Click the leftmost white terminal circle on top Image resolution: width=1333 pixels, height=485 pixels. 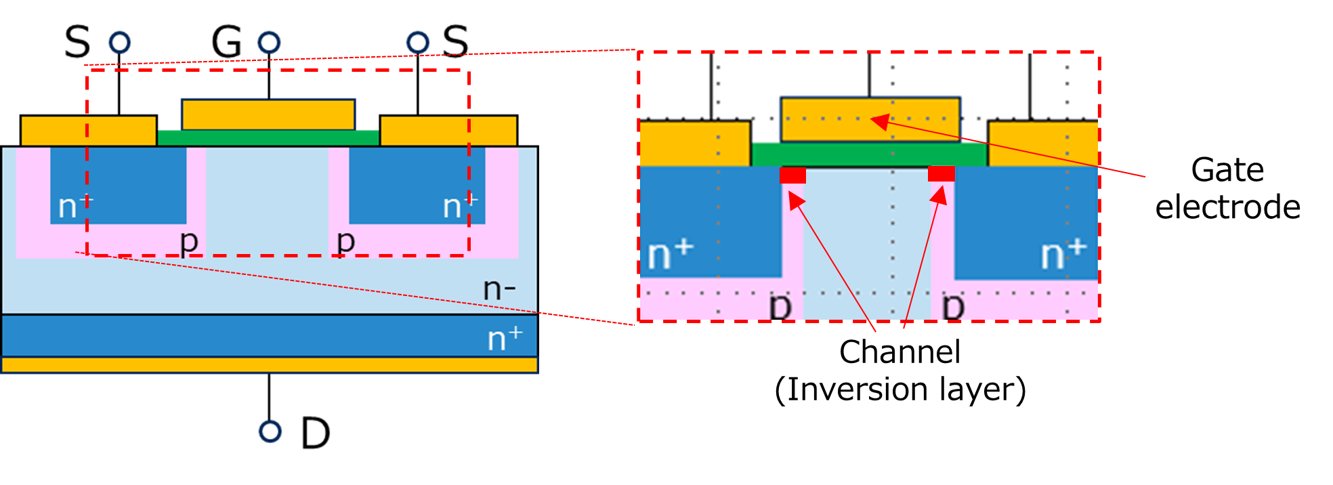coord(120,43)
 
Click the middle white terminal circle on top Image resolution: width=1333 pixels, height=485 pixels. coord(269,43)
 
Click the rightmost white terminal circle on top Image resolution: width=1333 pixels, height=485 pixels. coord(418,43)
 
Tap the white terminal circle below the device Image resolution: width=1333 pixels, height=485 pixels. coord(270,431)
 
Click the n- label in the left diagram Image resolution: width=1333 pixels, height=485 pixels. coord(499,289)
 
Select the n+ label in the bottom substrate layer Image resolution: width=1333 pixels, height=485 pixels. coord(505,337)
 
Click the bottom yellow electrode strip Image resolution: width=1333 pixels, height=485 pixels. coord(270,365)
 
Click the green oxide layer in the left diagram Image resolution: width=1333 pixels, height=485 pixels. coord(268,138)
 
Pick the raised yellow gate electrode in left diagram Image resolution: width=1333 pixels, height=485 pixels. coord(268,114)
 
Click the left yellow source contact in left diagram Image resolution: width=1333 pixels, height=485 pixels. coord(88,131)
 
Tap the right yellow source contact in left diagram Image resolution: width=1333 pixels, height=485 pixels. coord(448,131)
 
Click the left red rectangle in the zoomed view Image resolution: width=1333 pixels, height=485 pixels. coord(793,175)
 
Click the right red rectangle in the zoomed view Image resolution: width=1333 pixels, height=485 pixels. coord(941,174)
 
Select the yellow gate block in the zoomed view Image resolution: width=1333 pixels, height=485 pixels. coord(833,120)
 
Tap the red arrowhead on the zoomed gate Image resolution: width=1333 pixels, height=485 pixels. coord(879,122)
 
